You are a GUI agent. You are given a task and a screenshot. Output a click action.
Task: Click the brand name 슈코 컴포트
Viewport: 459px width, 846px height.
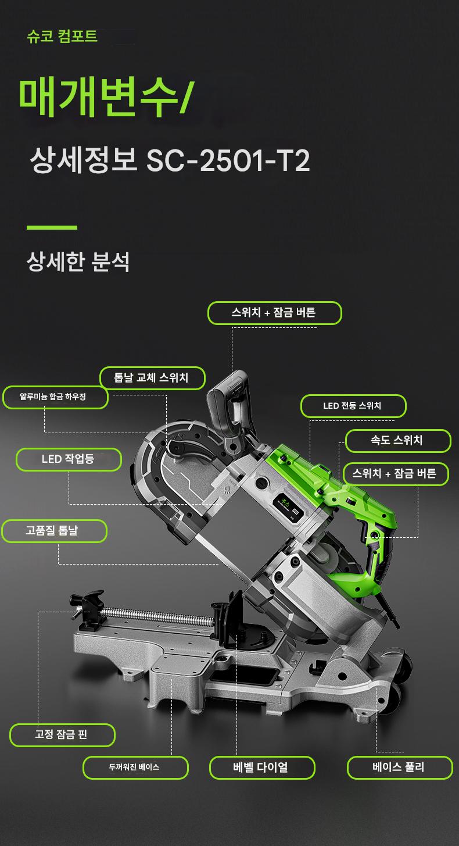pyautogui.click(x=62, y=37)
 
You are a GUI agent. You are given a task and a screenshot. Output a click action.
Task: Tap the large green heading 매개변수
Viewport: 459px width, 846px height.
pyautogui.click(x=98, y=97)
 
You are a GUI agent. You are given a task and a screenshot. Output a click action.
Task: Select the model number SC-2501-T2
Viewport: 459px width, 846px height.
pyautogui.click(x=228, y=161)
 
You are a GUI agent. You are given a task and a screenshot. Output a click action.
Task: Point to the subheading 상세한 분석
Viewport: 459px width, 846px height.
pyautogui.click(x=78, y=261)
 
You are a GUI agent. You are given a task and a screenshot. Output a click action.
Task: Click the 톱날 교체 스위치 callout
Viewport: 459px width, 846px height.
pyautogui.click(x=152, y=378)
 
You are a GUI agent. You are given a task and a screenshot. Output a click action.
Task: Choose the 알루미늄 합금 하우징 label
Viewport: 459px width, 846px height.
pyautogui.click(x=56, y=397)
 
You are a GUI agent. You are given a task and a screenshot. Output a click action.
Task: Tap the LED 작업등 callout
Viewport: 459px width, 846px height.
pyautogui.click(x=69, y=459)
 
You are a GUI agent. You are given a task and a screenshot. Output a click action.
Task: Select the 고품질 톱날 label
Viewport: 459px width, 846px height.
pyautogui.click(x=55, y=531)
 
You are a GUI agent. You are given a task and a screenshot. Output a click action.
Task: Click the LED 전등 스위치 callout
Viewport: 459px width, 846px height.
pyautogui.click(x=353, y=406)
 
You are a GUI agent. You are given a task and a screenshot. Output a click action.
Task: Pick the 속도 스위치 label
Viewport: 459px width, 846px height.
pyautogui.click(x=398, y=441)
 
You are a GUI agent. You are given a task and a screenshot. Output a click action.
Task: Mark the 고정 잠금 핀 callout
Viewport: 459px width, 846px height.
pyautogui.click(x=62, y=735)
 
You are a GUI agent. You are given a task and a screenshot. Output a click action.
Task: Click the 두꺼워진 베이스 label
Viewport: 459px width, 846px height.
pyautogui.click(x=135, y=768)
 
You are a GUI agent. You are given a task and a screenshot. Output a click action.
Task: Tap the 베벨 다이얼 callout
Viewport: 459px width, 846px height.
pyautogui.click(x=262, y=768)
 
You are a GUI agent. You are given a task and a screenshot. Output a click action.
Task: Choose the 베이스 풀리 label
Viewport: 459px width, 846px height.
pyautogui.click(x=400, y=768)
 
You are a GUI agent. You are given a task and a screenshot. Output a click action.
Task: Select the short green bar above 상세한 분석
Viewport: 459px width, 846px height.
pyautogui.click(x=52, y=227)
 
